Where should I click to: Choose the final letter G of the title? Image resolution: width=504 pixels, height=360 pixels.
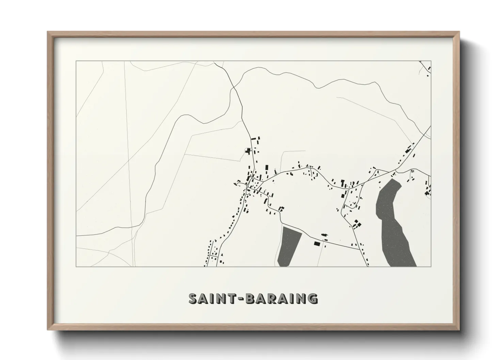point(312,298)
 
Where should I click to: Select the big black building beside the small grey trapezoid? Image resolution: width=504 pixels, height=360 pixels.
point(317,244)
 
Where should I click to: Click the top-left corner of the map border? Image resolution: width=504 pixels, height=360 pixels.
point(76,61)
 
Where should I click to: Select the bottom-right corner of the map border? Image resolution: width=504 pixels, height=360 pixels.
point(431,266)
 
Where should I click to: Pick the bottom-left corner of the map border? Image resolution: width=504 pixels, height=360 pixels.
point(76,266)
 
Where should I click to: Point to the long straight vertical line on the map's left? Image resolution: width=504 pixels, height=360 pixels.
point(130,163)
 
